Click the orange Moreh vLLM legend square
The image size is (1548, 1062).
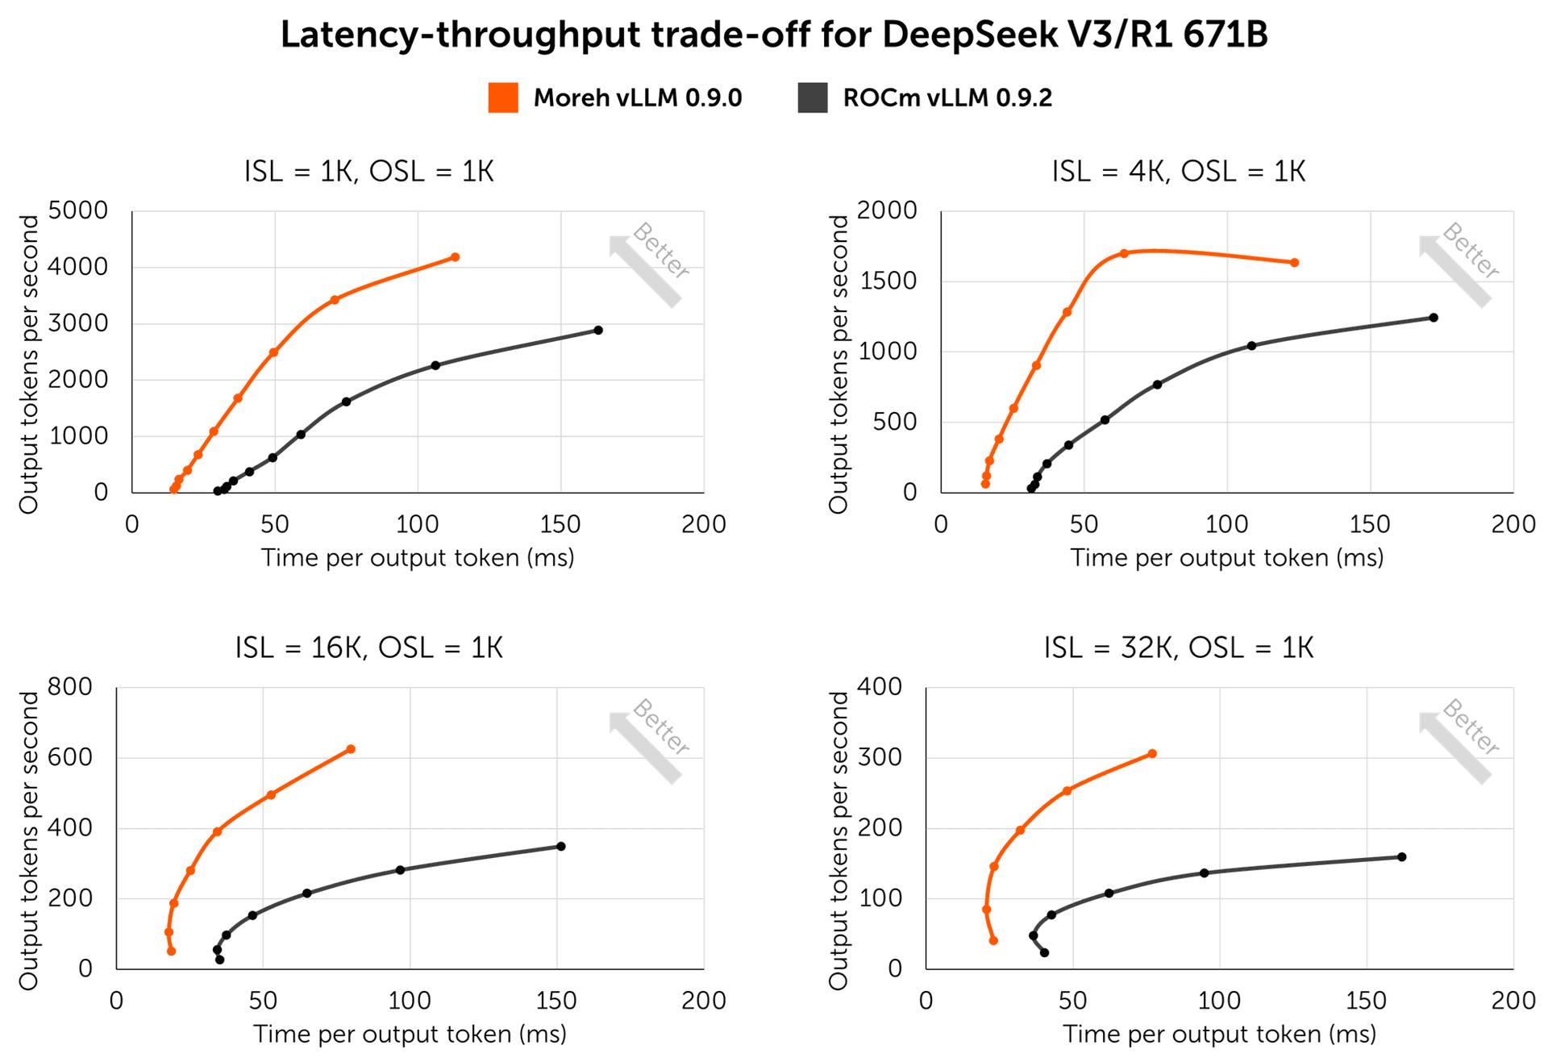tap(503, 98)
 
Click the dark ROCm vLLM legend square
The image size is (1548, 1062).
tap(812, 98)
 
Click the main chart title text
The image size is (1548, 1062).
tap(774, 35)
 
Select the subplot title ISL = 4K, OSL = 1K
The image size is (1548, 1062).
tap(1178, 171)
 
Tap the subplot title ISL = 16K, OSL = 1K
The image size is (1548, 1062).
tap(369, 648)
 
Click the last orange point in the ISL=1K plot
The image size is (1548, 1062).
tap(455, 257)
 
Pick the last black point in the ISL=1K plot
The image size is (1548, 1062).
tap(598, 330)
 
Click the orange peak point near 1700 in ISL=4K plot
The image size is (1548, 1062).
tap(1124, 253)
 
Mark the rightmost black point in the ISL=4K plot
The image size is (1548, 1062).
tap(1434, 318)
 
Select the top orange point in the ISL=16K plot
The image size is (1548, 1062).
tap(351, 749)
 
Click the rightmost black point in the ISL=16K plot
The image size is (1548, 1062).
tap(561, 846)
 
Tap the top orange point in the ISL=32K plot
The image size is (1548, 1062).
tap(1152, 754)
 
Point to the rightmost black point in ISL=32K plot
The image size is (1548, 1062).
tap(1402, 856)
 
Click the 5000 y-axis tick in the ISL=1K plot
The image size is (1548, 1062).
tap(78, 210)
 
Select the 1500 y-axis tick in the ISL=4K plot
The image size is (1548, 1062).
tap(887, 281)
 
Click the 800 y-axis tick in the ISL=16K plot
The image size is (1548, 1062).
tap(70, 687)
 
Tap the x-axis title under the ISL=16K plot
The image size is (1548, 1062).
tap(410, 1034)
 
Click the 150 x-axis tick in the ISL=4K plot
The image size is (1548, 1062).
tap(1370, 524)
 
